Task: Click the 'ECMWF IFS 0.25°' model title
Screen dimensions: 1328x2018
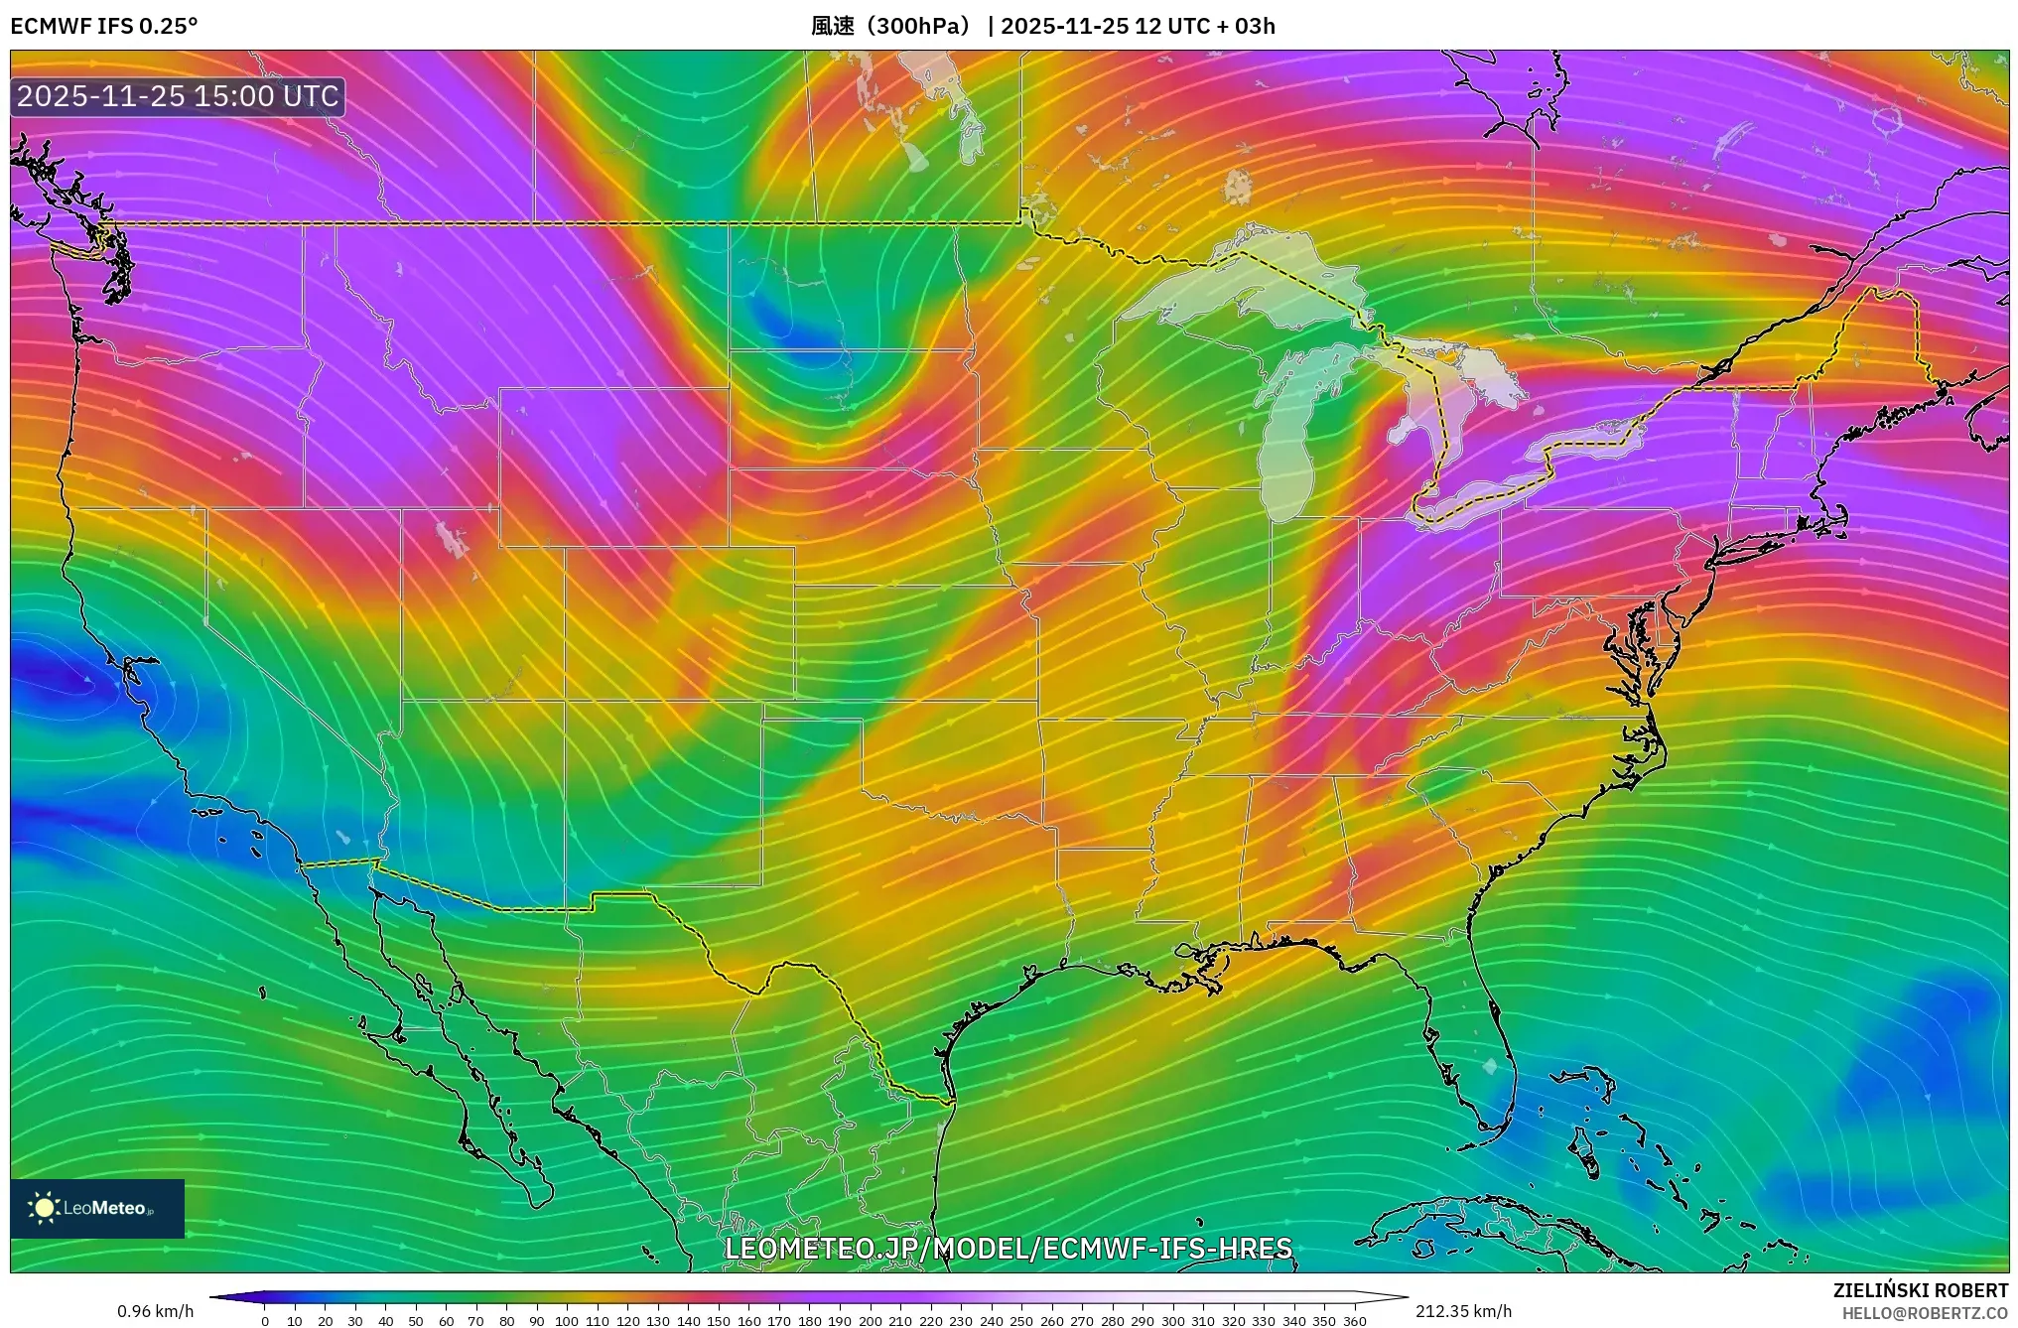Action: tap(103, 26)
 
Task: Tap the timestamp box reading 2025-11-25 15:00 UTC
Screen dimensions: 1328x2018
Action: tap(178, 96)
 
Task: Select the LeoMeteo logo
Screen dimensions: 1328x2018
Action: tap(97, 1208)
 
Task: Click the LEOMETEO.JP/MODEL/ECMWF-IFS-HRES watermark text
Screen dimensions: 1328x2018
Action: tap(1009, 1248)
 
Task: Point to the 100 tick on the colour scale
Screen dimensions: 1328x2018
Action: tap(567, 1321)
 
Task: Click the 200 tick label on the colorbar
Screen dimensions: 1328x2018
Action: tap(870, 1321)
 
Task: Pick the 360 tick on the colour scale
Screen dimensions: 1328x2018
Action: tap(1355, 1321)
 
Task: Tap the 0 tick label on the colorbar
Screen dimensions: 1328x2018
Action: tap(265, 1321)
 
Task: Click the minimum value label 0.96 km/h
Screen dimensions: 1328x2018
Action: tap(155, 1311)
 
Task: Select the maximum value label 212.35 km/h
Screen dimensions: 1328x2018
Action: tap(1463, 1311)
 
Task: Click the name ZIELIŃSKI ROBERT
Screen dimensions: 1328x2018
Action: tap(1921, 1290)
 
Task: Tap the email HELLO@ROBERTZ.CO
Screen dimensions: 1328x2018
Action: tap(1925, 1313)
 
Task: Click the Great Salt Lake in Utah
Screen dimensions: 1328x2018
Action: tap(452, 540)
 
